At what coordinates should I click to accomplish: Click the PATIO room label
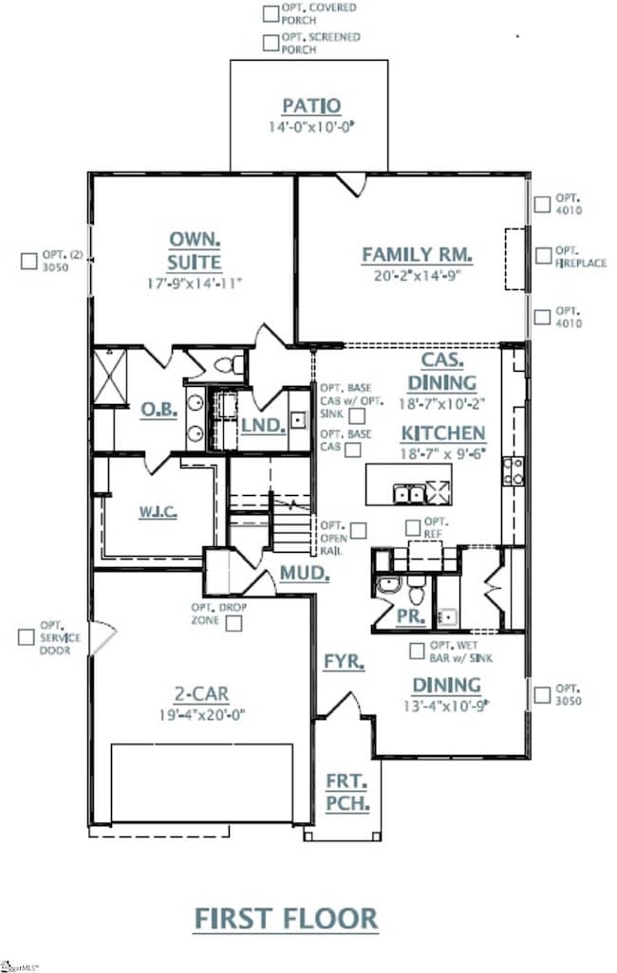[x=310, y=105]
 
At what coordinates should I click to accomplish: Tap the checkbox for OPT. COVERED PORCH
[x=271, y=12]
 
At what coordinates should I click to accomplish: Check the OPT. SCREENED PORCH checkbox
[x=271, y=42]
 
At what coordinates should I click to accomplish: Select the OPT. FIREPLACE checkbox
[x=542, y=256]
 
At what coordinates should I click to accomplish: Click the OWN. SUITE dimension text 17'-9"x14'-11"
[x=196, y=283]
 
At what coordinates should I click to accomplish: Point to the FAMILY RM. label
[x=417, y=254]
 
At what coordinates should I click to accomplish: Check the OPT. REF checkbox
[x=413, y=527]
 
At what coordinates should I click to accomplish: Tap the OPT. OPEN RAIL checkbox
[x=359, y=530]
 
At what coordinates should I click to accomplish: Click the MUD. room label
[x=305, y=574]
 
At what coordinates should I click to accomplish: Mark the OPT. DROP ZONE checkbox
[x=233, y=622]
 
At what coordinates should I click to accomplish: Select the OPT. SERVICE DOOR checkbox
[x=26, y=637]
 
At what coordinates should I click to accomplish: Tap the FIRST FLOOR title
[x=286, y=918]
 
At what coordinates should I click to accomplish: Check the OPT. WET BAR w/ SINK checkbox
[x=417, y=651]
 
